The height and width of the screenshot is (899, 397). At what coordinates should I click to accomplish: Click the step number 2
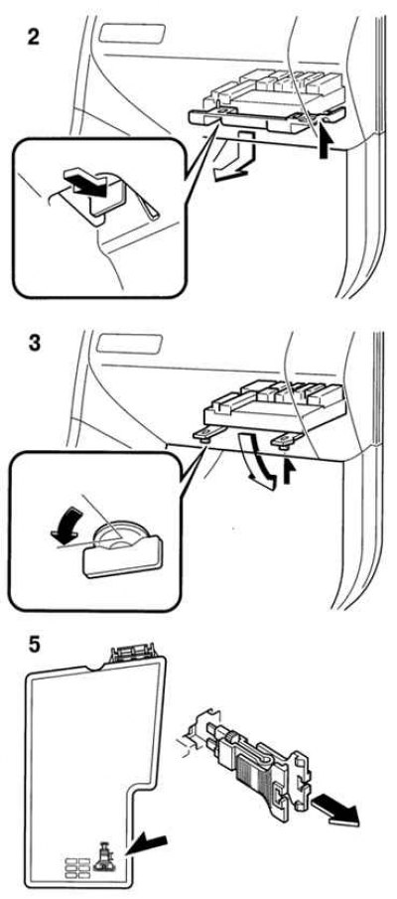pyautogui.click(x=35, y=37)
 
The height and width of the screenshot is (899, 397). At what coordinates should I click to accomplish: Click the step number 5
pyautogui.click(x=35, y=644)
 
